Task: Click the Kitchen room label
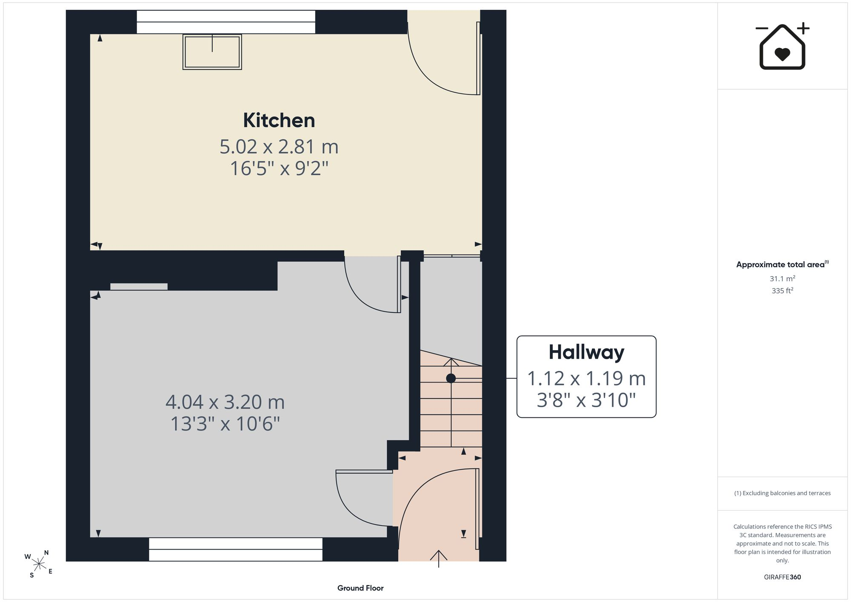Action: (x=279, y=120)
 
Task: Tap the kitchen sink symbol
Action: (x=212, y=52)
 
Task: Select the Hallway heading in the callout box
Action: (x=586, y=353)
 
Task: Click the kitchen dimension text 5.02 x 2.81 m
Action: (x=279, y=147)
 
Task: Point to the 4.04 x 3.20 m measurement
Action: (x=225, y=402)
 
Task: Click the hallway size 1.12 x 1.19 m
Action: (x=586, y=378)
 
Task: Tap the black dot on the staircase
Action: (x=451, y=378)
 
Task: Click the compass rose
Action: (x=39, y=564)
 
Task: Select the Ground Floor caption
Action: (x=360, y=588)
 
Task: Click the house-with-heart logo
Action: (x=782, y=46)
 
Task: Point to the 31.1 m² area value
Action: (x=782, y=279)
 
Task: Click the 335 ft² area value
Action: (x=782, y=291)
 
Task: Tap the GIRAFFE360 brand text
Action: (x=782, y=577)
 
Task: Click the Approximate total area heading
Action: (x=782, y=264)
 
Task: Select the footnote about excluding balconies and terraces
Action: (x=782, y=493)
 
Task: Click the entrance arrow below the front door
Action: (x=438, y=559)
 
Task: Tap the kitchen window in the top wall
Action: (x=226, y=22)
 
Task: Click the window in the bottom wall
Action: (x=235, y=549)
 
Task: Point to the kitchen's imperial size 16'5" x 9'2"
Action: (x=279, y=168)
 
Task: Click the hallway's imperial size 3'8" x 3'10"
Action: (x=586, y=400)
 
